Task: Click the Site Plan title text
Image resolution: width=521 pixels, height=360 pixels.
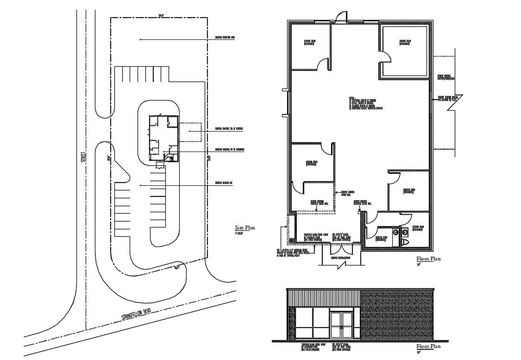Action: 245,228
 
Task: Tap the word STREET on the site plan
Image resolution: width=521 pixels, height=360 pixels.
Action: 84,157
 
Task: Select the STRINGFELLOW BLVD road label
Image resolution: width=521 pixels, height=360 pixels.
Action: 137,313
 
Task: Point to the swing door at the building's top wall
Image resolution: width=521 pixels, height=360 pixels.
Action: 341,17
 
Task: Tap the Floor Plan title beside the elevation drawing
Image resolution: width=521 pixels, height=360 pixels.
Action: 428,346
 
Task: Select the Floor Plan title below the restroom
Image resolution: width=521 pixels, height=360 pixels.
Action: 428,259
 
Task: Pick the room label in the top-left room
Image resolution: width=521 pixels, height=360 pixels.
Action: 310,42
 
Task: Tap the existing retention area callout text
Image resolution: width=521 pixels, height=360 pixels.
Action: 225,38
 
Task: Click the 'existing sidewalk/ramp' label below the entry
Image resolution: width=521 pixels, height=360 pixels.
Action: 340,258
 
